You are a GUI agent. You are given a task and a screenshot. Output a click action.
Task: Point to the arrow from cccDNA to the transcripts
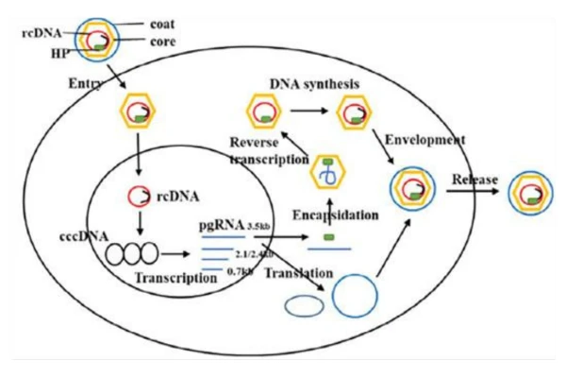[x=176, y=254]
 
